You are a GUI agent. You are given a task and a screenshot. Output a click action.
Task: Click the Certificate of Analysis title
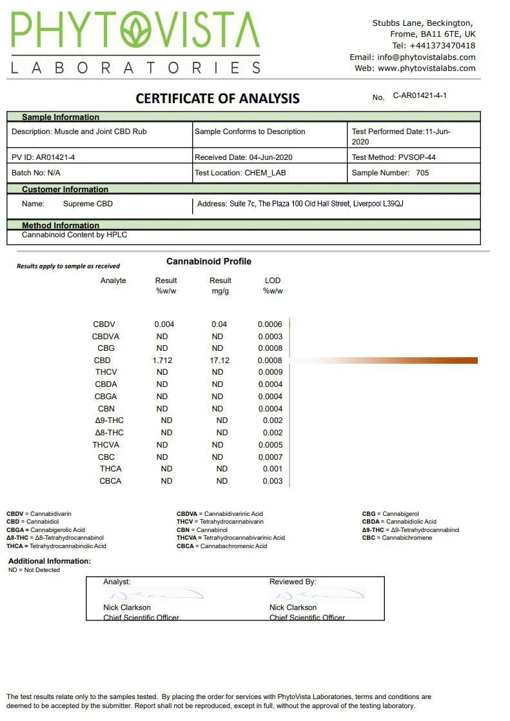pyautogui.click(x=217, y=99)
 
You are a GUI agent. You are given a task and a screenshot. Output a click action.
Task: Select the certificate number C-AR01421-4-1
pyautogui.click(x=420, y=95)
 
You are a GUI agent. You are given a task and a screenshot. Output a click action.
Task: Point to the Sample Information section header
pyautogui.click(x=61, y=117)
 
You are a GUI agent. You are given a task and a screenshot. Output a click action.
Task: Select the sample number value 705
pyautogui.click(x=422, y=173)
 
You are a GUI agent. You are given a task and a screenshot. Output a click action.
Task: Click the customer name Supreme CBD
pyautogui.click(x=88, y=204)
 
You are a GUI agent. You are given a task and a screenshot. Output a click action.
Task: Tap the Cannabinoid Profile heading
pyautogui.click(x=209, y=261)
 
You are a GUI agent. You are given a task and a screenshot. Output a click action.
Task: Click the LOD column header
pyautogui.click(x=273, y=281)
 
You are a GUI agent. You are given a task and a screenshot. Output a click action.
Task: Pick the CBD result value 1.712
pyautogui.click(x=162, y=360)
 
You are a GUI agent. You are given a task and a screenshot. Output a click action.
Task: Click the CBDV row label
pyautogui.click(x=104, y=324)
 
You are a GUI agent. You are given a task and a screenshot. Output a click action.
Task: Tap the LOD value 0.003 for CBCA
pyautogui.click(x=273, y=481)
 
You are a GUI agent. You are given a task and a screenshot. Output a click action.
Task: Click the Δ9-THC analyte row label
pyautogui.click(x=109, y=420)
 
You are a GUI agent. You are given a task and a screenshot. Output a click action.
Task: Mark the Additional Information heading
pyautogui.click(x=50, y=561)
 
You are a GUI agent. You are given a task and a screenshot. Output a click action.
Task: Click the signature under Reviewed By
pyautogui.click(x=317, y=594)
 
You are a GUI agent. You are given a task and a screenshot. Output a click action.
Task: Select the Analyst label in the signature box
pyautogui.click(x=117, y=582)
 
